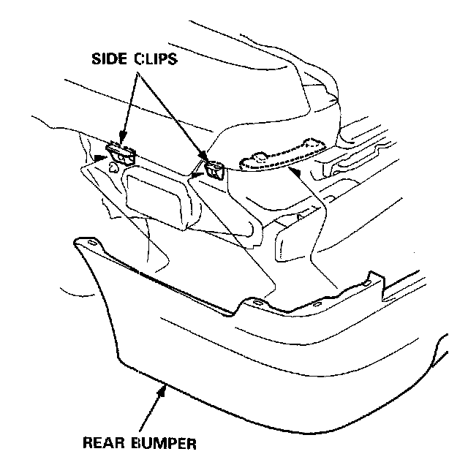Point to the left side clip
tap(121, 153)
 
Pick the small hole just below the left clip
tap(113, 167)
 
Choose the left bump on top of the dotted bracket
tap(258, 155)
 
